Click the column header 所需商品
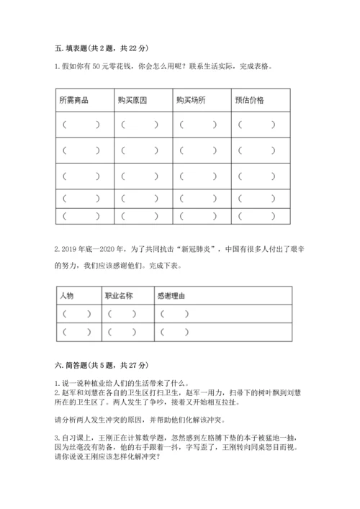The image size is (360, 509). [74, 100]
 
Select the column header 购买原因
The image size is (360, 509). [132, 100]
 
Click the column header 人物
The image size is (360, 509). [67, 295]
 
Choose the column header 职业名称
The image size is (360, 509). [118, 295]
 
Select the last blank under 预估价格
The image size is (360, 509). [256, 215]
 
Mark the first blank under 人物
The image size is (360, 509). [76, 314]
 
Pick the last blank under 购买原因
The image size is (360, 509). [137, 215]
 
